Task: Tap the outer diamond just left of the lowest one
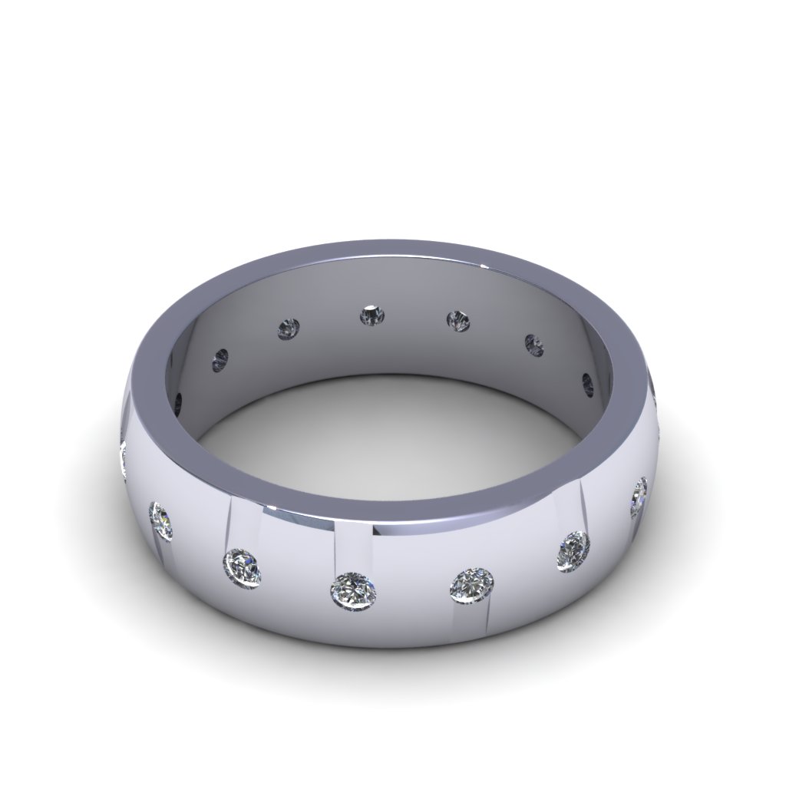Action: coord(243,566)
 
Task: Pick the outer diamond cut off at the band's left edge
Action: coord(123,458)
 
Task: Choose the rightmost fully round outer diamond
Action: coord(573,550)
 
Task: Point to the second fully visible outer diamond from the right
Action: coord(573,550)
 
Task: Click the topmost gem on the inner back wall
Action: coord(373,315)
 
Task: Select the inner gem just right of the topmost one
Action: coord(459,320)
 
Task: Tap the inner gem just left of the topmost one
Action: coord(289,329)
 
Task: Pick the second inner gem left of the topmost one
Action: coord(221,358)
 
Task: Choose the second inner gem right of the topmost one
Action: coord(534,344)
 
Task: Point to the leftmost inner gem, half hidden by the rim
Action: coord(179,401)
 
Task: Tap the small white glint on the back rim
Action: coord(484,266)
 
